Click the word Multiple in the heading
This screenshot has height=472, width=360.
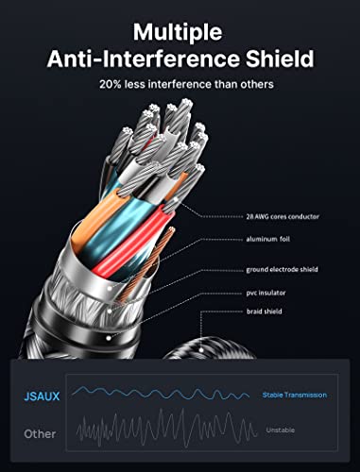178,32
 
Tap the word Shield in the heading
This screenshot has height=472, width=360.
280,59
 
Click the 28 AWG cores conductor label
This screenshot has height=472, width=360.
283,216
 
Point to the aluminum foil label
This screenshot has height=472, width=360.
268,239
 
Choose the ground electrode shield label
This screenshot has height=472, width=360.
282,270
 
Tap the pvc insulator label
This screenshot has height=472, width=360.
266,293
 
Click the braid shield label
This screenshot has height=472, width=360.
264,312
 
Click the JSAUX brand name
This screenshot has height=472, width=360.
42,396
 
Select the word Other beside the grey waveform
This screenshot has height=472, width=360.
40,434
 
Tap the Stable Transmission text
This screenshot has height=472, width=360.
295,395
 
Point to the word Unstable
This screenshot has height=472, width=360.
281,430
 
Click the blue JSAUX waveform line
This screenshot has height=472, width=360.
161,394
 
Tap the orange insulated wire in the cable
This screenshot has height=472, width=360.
94,219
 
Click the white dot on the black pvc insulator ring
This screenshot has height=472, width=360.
109,338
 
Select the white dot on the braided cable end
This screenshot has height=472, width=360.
201,349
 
